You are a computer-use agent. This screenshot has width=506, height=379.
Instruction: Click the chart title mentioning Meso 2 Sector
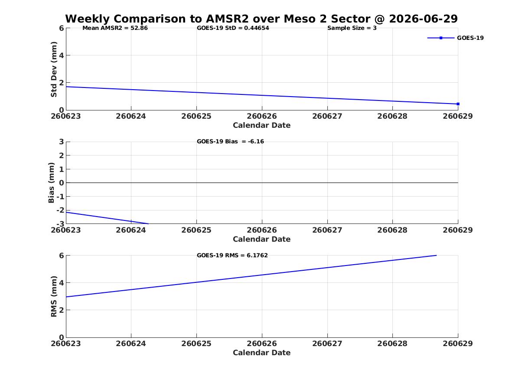(261, 19)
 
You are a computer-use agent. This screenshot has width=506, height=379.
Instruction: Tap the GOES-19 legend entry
(455, 38)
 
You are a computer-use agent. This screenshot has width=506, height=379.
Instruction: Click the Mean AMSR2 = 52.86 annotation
(115, 28)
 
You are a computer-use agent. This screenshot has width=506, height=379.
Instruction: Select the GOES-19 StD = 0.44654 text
(233, 28)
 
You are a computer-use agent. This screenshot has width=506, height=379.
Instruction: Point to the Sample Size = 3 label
(352, 28)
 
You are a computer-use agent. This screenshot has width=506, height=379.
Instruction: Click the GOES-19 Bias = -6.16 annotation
(230, 142)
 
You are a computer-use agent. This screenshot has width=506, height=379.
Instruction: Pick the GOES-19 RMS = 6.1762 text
(232, 255)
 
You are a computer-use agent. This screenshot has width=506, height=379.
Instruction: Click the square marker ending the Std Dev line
(458, 104)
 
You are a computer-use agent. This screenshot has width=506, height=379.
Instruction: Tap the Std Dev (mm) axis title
(54, 69)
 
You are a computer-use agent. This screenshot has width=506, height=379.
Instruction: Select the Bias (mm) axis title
(51, 183)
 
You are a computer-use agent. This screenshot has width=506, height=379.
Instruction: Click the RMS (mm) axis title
(54, 297)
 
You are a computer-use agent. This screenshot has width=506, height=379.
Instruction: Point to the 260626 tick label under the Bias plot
(262, 230)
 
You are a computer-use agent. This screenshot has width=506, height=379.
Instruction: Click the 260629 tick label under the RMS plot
(457, 343)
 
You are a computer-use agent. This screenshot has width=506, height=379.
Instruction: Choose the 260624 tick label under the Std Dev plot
(131, 116)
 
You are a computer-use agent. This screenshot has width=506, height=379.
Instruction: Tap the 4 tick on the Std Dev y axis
(61, 55)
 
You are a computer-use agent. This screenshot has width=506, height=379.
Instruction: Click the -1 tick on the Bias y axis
(60, 197)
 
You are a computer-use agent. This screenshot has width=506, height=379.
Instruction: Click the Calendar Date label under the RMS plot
(261, 353)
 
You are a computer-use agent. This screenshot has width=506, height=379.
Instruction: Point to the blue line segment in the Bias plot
(107, 218)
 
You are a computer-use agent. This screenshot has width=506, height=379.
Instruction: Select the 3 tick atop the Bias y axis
(61, 142)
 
